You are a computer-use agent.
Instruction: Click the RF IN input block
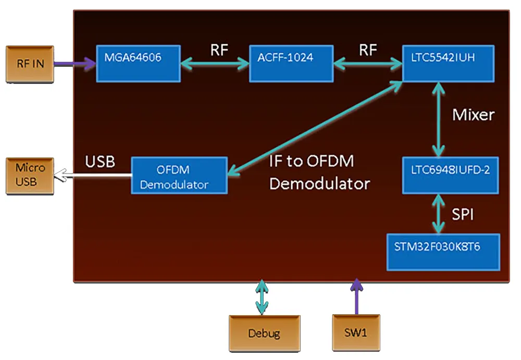[x=30, y=64]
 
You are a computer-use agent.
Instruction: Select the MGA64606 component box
[x=138, y=63]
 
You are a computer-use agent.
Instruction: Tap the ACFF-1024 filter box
[x=291, y=63]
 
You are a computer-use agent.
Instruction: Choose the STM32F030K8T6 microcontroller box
[x=443, y=252]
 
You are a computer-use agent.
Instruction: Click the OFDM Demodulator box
[x=179, y=176]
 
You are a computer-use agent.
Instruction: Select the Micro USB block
[x=30, y=175]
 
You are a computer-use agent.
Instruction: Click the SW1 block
[x=356, y=332]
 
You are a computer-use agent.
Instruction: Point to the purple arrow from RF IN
[x=75, y=64]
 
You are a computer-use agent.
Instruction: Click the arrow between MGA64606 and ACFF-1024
[x=215, y=64]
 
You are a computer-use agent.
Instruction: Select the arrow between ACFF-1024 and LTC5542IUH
[x=367, y=64]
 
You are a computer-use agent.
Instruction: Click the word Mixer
[x=473, y=115]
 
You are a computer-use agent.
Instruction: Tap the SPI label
[x=463, y=214]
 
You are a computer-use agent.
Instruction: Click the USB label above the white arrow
[x=100, y=162]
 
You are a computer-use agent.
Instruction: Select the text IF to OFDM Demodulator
[x=319, y=172]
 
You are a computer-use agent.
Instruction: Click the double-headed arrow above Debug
[x=262, y=297]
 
